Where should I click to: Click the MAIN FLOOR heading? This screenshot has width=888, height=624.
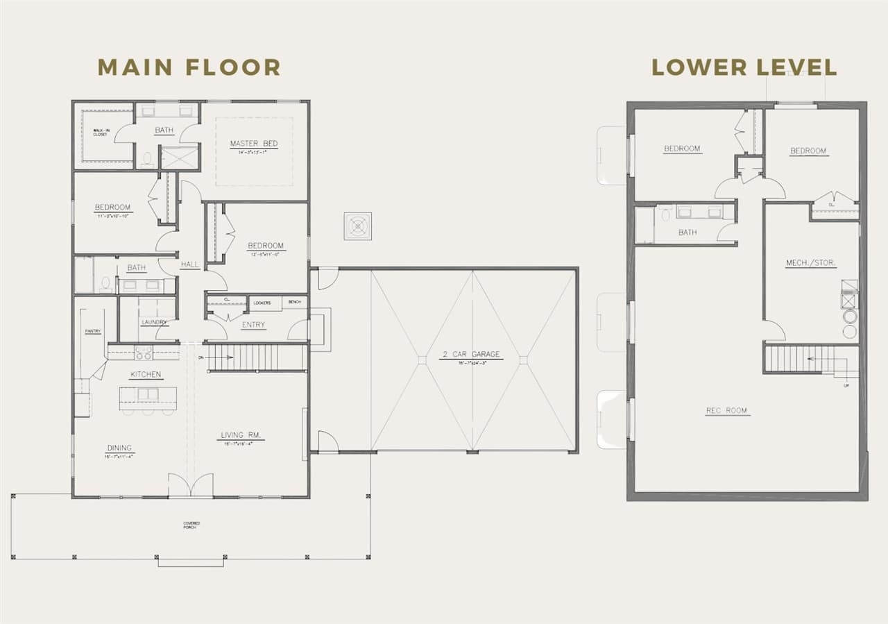pyautogui.click(x=189, y=67)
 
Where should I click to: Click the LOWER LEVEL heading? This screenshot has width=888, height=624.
pyautogui.click(x=744, y=67)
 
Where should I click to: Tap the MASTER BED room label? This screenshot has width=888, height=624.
pyautogui.click(x=254, y=144)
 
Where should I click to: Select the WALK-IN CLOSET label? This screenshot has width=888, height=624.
pyautogui.click(x=101, y=132)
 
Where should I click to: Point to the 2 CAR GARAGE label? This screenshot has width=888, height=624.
pyautogui.click(x=472, y=355)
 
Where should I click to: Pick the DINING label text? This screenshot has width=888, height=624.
pyautogui.click(x=119, y=448)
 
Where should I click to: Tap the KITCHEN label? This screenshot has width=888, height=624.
pyautogui.click(x=146, y=375)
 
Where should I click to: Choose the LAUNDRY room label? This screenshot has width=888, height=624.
pyautogui.click(x=153, y=322)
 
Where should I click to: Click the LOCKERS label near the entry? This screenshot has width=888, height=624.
pyautogui.click(x=262, y=303)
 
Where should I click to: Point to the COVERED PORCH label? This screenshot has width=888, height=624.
pyautogui.click(x=191, y=525)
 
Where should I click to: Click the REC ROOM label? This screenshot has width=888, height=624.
pyautogui.click(x=726, y=411)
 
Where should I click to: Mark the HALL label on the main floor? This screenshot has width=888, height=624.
pyautogui.click(x=189, y=264)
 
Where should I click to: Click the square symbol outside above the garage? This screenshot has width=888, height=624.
pyautogui.click(x=358, y=226)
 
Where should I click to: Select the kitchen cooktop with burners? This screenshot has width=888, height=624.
pyautogui.click(x=144, y=353)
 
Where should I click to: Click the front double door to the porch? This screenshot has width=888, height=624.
pyautogui.click(x=181, y=485)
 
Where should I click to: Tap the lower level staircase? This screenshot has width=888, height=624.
pyautogui.click(x=801, y=359)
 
